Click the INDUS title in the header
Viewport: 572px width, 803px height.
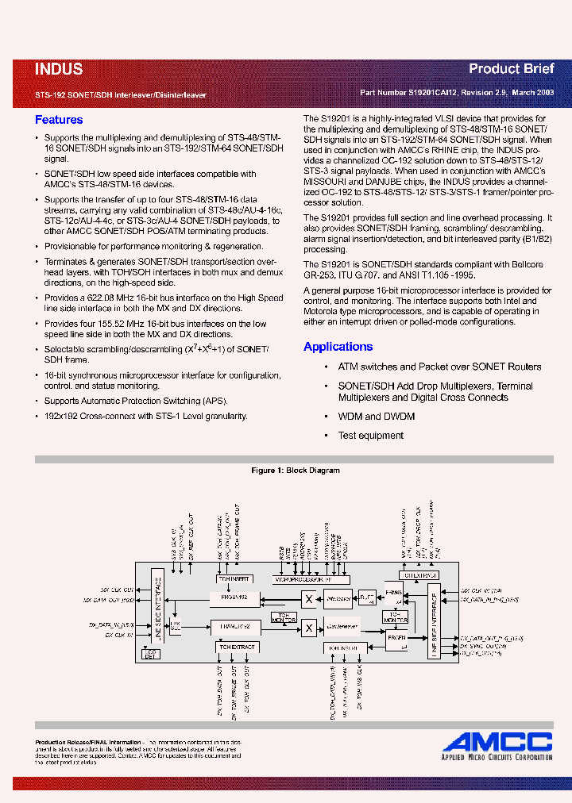pyautogui.click(x=59, y=70)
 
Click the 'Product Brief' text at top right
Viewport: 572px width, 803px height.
pyautogui.click(x=511, y=69)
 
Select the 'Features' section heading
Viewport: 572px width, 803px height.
pyautogui.click(x=59, y=120)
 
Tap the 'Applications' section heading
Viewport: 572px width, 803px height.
pyautogui.click(x=338, y=347)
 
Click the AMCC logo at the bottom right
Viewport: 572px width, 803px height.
pyautogui.click(x=497, y=742)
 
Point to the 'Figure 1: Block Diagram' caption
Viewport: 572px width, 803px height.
pyautogui.click(x=296, y=471)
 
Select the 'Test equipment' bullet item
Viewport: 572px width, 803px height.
pyautogui.click(x=371, y=436)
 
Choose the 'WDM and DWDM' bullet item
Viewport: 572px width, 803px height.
pyautogui.click(x=377, y=417)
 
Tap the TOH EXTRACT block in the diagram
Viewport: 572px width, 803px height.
pyautogui.click(x=236, y=647)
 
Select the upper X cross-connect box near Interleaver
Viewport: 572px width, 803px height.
pyautogui.click(x=308, y=598)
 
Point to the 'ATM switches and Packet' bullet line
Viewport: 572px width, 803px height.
pyautogui.click(x=439, y=367)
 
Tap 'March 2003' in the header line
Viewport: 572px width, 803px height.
pyautogui.click(x=533, y=93)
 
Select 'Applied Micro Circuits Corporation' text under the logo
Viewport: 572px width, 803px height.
pyautogui.click(x=497, y=758)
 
